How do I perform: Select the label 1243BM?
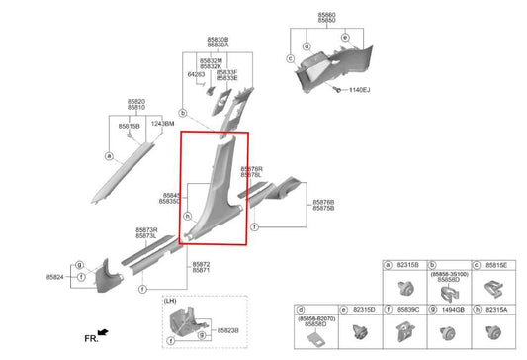[x=163, y=124]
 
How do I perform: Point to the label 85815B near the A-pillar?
[x=130, y=127]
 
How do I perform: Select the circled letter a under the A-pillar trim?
[x=109, y=156]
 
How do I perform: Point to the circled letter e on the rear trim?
[x=344, y=37]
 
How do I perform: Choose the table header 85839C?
[x=408, y=310]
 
